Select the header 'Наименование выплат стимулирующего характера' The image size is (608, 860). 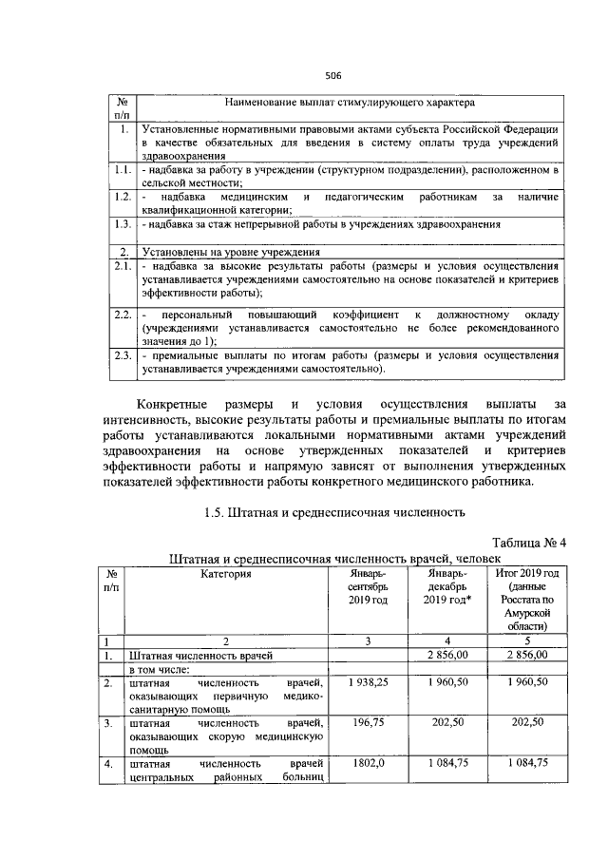tap(350, 101)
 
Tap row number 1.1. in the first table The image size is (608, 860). tap(121, 169)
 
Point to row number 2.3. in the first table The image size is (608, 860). tap(121, 355)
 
